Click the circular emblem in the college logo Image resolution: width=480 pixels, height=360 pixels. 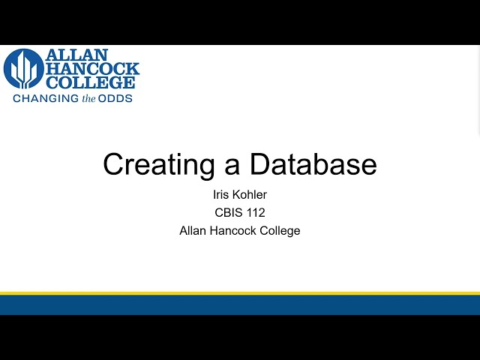tap(23, 69)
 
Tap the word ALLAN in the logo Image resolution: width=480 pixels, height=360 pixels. tap(76, 55)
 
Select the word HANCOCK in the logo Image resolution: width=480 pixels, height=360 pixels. tap(93, 69)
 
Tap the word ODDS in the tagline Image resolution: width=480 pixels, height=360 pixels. tap(116, 97)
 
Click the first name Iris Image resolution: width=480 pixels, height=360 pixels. tap(221, 195)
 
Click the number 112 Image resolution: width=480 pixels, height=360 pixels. tap(256, 213)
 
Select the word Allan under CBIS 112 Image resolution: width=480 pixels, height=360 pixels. tap(193, 231)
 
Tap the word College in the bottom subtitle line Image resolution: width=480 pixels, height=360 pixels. tap(280, 231)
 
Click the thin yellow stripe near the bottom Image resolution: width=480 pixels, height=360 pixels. tap(240, 293)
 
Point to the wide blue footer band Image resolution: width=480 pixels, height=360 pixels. tap(240, 304)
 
